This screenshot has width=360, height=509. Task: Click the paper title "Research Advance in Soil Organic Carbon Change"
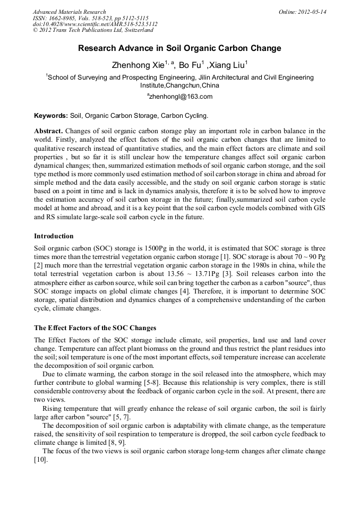point(179,48)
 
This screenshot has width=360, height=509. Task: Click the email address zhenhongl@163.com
point(181,97)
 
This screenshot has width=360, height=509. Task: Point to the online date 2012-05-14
point(310,12)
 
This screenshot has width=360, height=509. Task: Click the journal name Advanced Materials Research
point(69,12)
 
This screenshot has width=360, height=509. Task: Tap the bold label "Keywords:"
point(51,115)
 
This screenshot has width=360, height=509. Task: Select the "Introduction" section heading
point(54,236)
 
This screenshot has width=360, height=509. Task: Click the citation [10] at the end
point(40,460)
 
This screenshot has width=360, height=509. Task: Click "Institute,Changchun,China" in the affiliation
point(179,85)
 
